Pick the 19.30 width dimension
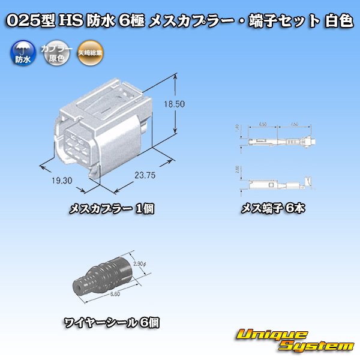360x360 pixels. [x=61, y=179]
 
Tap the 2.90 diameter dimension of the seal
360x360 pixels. [x=138, y=264]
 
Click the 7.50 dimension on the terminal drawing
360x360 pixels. [x=295, y=124]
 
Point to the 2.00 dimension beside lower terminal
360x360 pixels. [x=239, y=170]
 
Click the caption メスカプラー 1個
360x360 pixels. [x=112, y=209]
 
